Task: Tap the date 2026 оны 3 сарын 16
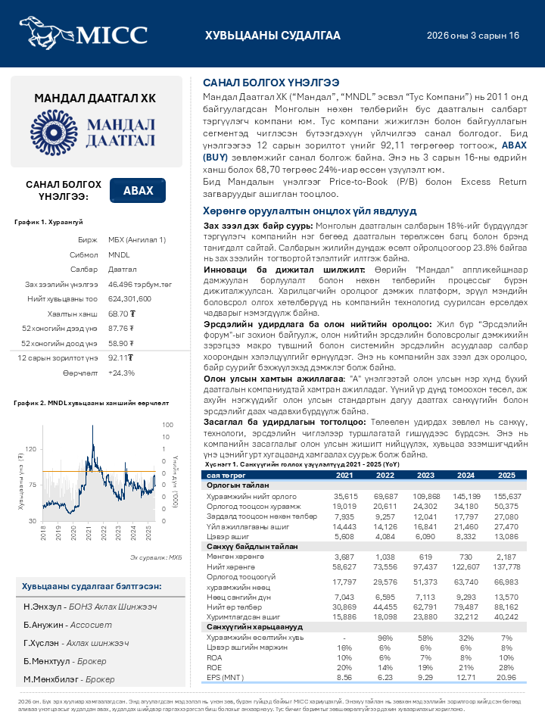click(472, 36)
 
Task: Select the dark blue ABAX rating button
click(139, 191)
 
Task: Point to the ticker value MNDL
click(119, 254)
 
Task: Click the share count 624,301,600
click(130, 298)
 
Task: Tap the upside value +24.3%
click(121, 373)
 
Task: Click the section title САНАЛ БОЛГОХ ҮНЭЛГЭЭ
click(270, 82)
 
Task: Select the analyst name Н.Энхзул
click(41, 607)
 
